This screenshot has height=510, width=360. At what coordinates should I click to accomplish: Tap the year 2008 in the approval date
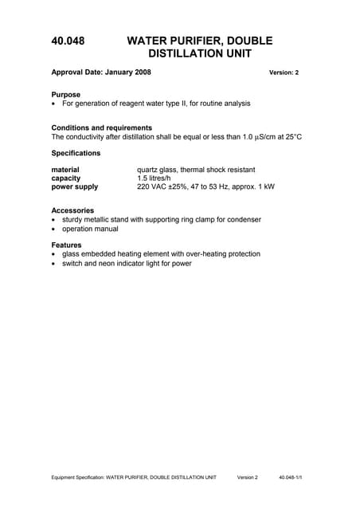click(140, 72)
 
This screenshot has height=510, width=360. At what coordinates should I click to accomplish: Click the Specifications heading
click(76, 152)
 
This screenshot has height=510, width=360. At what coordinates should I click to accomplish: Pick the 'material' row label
click(65, 170)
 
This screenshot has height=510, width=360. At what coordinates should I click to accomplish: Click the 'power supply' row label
click(75, 187)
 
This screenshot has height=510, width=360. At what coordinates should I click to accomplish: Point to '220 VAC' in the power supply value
click(153, 187)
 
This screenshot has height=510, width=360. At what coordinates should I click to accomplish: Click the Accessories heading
click(72, 210)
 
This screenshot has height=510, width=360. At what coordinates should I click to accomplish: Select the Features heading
click(67, 245)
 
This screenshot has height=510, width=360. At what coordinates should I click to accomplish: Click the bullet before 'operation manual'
click(53, 229)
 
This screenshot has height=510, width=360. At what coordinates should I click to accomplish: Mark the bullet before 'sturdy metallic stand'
click(53, 220)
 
